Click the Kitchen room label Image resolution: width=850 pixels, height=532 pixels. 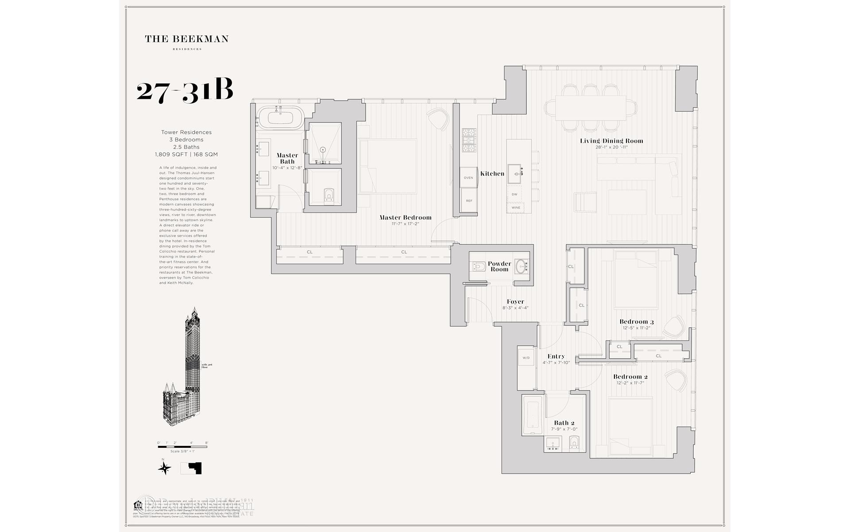492,174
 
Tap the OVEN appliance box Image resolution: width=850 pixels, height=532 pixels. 468,177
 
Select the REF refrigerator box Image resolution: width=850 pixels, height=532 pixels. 468,201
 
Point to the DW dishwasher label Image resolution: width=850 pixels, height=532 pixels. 514,194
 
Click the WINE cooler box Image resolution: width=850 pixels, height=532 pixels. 516,207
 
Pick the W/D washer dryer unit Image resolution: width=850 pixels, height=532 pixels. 526,358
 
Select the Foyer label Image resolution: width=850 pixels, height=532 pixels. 515,301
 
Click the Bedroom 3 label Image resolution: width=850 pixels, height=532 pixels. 636,322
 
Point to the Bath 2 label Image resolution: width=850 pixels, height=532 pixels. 564,423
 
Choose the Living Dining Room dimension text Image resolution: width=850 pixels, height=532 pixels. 611,147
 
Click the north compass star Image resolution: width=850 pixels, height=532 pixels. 165,468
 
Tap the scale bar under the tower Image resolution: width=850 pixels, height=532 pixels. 182,446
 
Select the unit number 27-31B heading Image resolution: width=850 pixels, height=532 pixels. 185,92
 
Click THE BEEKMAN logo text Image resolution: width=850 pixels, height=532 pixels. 186,39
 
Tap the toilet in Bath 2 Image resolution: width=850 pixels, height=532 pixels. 574,442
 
